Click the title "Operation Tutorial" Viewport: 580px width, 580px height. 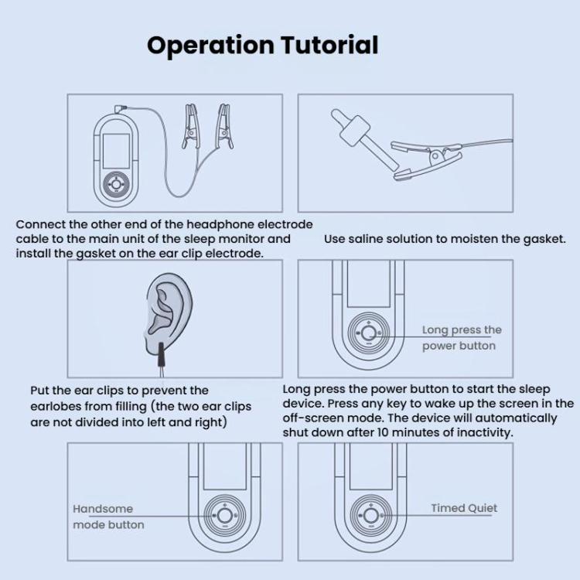(262, 45)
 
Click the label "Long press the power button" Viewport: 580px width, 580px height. (462, 338)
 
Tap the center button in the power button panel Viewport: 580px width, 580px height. (368, 333)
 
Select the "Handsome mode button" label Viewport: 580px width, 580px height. (108, 517)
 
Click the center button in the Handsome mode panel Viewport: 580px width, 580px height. (224, 515)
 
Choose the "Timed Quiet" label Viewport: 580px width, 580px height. (464, 508)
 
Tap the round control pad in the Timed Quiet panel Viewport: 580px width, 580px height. (368, 515)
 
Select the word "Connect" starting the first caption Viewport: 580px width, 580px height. (39, 224)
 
